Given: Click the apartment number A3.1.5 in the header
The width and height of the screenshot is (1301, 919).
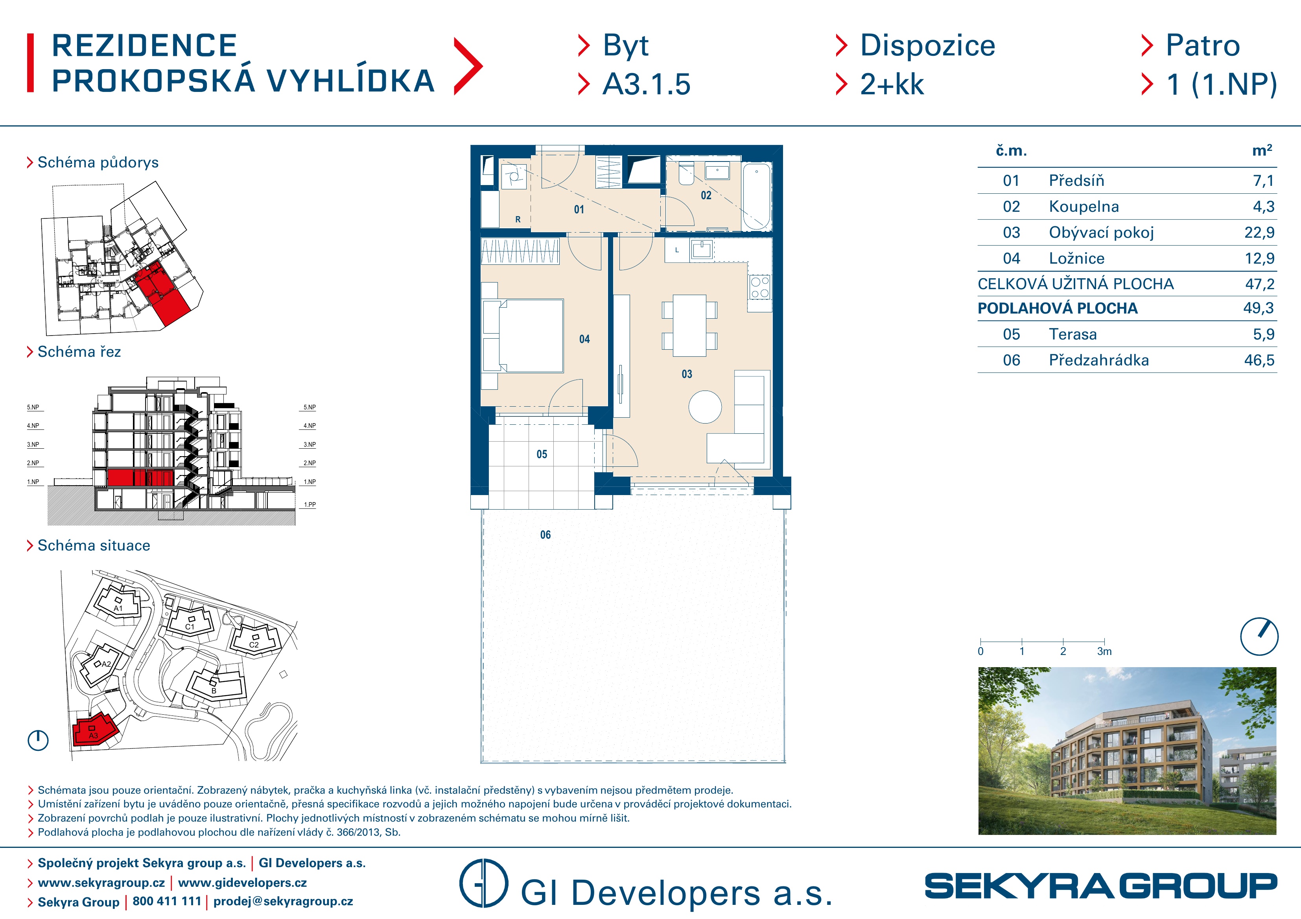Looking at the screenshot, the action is click(647, 84).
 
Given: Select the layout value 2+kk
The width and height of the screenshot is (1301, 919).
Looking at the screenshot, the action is click(892, 84).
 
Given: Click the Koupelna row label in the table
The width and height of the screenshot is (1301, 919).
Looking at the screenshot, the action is click(1084, 207).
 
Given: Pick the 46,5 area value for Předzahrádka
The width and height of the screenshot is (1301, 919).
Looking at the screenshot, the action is click(1259, 360).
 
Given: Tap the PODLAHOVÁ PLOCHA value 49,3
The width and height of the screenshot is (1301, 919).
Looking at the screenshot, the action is click(1258, 308).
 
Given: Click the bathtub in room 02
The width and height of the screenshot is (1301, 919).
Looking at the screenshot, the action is click(757, 196).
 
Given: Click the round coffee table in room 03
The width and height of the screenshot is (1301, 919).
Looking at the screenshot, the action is click(705, 407).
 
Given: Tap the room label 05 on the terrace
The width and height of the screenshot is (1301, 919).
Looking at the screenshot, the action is click(542, 454).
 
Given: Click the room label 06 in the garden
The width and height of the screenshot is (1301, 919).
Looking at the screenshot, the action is click(545, 534).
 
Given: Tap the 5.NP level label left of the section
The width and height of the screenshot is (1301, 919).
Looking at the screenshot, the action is click(33, 407).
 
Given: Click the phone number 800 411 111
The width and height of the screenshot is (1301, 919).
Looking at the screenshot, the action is click(167, 901).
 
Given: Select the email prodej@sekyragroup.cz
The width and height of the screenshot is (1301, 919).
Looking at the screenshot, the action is click(283, 901).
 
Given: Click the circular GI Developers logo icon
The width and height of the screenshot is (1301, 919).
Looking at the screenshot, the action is click(483, 883).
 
